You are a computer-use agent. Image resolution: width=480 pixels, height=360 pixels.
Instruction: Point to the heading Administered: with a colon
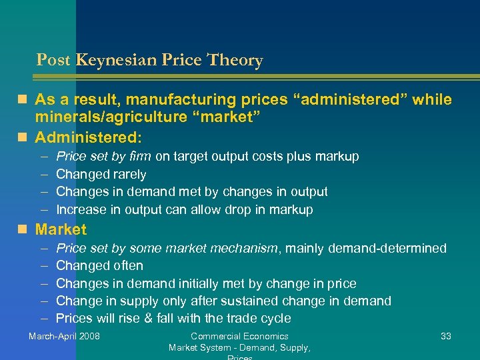coord(88,137)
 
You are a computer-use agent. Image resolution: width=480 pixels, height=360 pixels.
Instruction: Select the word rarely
coord(130,175)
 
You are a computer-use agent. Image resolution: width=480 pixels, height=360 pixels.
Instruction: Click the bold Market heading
coord(61,230)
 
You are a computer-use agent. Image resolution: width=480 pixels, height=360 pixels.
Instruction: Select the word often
coord(129,266)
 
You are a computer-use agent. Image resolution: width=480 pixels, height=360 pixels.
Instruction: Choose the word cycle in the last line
coord(275,319)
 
